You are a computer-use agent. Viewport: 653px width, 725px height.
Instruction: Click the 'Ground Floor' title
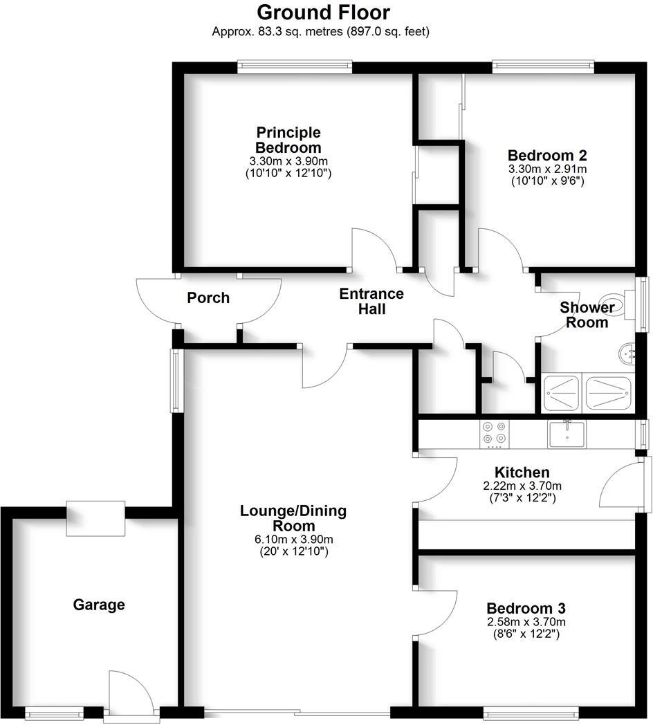(x=323, y=12)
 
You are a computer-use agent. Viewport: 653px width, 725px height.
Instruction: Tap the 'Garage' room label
(x=99, y=605)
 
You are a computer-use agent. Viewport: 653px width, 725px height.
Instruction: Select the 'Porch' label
(x=208, y=297)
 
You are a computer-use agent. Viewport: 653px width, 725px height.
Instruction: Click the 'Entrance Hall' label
(x=371, y=302)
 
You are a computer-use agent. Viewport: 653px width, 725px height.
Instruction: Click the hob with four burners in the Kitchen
(x=494, y=433)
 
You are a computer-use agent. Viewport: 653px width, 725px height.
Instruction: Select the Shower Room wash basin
(x=629, y=354)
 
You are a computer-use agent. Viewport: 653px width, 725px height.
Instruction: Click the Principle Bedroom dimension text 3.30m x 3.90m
(x=288, y=161)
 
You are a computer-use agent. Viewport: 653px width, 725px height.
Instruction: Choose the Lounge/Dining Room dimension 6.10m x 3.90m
(x=293, y=539)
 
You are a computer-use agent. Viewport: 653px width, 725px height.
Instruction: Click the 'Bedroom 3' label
(x=526, y=609)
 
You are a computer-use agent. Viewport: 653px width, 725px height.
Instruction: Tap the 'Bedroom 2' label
(x=547, y=155)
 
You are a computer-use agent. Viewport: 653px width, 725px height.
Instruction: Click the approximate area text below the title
(x=321, y=31)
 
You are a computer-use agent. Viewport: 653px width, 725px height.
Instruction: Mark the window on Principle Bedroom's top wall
(x=294, y=67)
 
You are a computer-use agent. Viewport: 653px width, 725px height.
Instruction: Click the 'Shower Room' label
(x=587, y=315)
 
